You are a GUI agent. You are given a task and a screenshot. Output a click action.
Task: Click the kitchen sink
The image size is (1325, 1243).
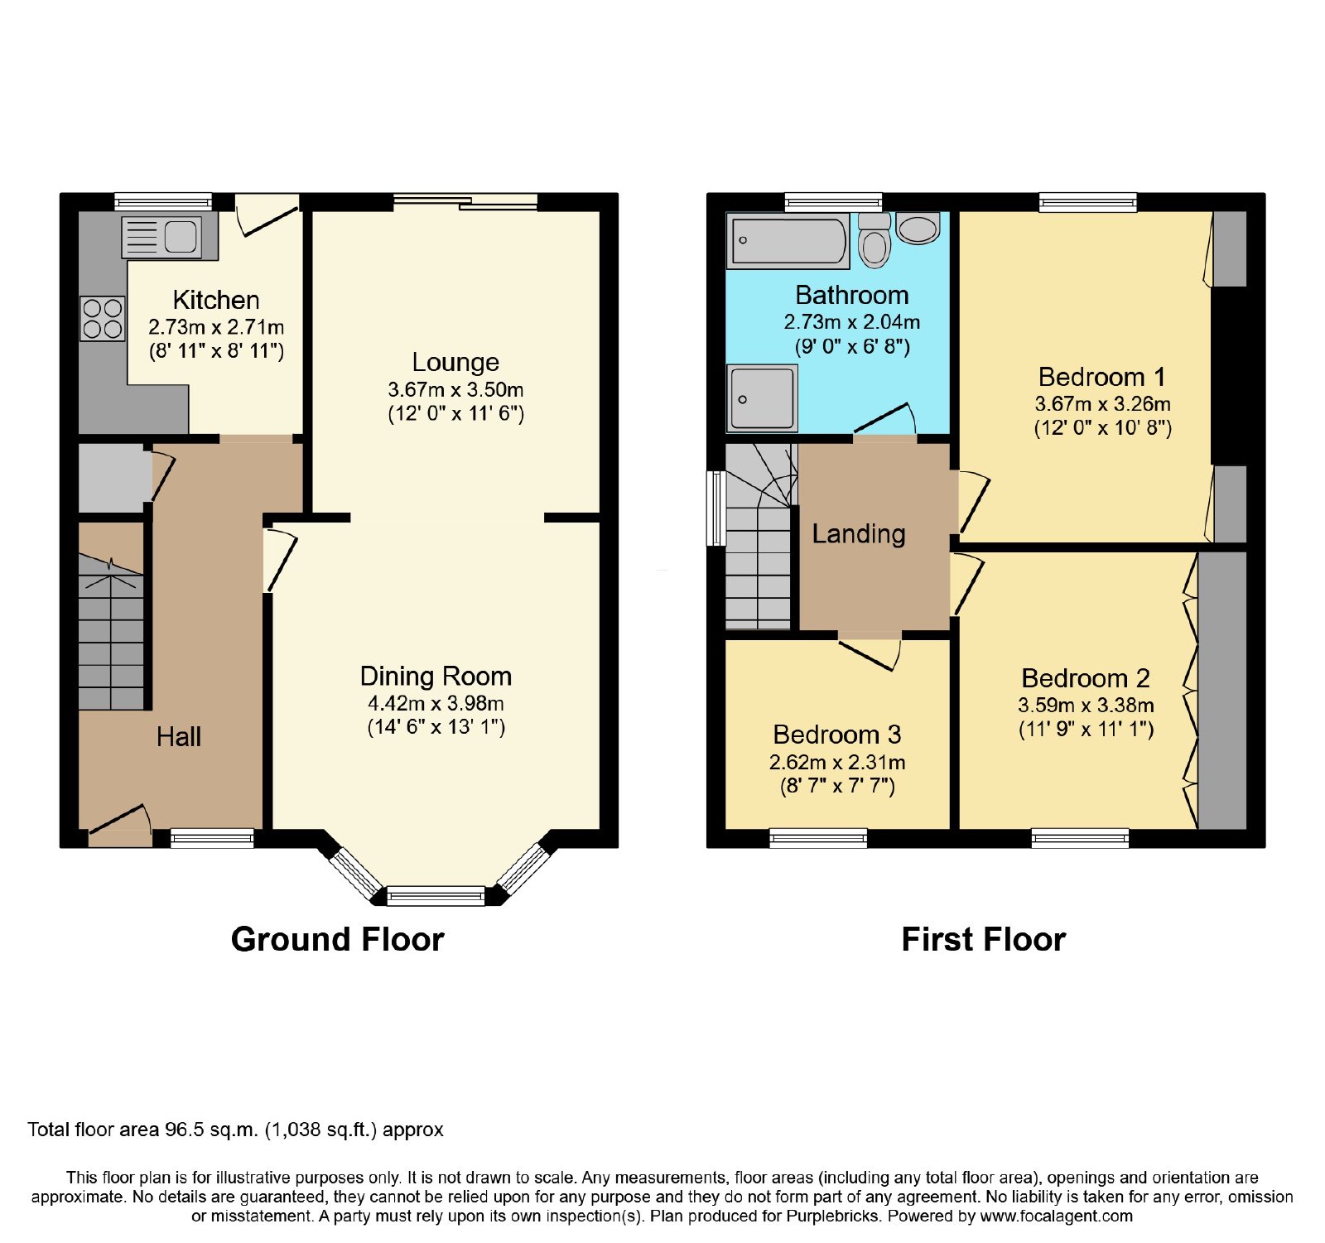click(161, 237)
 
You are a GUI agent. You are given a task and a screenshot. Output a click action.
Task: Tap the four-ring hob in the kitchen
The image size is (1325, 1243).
click(103, 319)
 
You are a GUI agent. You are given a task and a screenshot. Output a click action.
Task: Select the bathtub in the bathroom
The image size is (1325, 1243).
click(788, 241)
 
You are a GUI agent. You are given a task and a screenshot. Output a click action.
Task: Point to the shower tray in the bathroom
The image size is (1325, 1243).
click(762, 399)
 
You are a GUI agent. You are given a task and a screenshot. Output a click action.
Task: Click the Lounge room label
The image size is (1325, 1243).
click(455, 362)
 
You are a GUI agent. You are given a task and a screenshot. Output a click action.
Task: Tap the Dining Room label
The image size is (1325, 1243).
click(436, 676)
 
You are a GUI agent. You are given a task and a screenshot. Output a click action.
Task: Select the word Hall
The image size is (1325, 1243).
click(179, 736)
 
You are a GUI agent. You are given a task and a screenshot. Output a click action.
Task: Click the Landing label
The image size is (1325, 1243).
click(859, 534)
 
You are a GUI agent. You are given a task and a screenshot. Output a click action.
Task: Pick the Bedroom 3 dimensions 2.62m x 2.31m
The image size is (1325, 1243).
click(837, 762)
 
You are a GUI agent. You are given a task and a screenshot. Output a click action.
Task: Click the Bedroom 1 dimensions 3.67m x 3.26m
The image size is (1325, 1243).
click(1103, 404)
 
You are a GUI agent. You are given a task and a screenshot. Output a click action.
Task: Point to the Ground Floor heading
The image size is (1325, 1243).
click(338, 939)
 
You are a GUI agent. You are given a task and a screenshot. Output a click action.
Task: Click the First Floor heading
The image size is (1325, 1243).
click(984, 939)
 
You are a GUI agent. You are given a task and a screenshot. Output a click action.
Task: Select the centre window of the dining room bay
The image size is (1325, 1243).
click(436, 895)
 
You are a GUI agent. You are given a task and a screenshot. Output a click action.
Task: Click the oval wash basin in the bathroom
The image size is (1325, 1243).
click(918, 228)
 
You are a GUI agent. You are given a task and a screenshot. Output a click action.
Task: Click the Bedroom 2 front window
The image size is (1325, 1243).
click(1081, 838)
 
